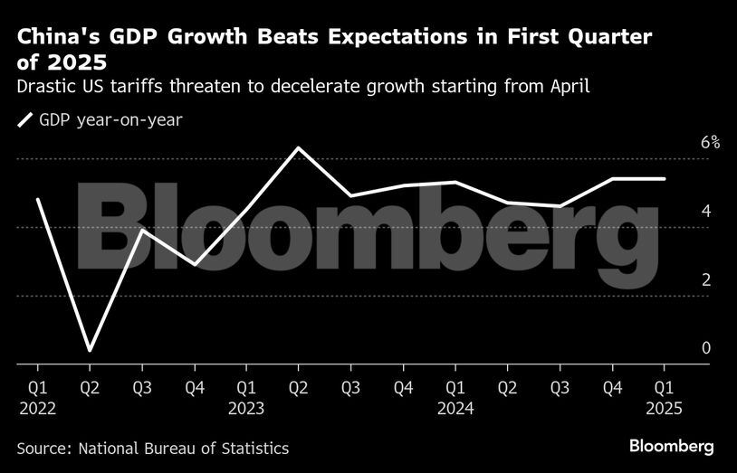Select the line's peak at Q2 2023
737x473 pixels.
[298, 147]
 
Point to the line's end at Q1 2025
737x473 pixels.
[665, 179]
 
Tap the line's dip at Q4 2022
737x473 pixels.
[194, 264]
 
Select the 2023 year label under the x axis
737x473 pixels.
[245, 408]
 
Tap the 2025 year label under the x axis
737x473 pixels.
[665, 408]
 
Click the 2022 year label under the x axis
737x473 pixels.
[37, 408]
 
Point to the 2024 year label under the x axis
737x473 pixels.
[455, 408]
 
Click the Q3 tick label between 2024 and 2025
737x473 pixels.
[560, 388]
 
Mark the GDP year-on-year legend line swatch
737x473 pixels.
[24, 119]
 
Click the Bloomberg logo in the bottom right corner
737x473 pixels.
[671, 447]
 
